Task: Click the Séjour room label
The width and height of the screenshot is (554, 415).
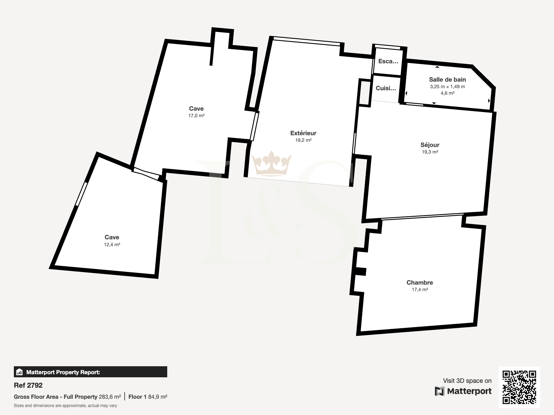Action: tap(430, 145)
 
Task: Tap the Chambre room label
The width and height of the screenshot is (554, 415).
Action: tap(420, 283)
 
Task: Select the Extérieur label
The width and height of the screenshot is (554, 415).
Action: tap(303, 133)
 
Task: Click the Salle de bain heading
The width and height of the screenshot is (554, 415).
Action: tap(447, 80)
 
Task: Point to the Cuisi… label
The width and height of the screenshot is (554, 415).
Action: tap(386, 88)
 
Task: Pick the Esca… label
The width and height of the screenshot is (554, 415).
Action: tap(388, 61)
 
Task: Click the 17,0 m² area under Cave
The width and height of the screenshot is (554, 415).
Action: tap(196, 116)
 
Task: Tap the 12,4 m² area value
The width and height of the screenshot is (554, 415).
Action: tap(112, 245)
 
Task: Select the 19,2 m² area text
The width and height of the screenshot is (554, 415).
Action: tap(303, 140)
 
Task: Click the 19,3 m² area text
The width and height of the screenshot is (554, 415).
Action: tap(430, 152)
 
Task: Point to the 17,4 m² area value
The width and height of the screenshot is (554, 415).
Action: tap(420, 289)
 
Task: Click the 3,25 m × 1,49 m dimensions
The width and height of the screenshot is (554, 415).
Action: tap(447, 86)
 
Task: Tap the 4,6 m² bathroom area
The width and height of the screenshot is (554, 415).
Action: tap(447, 93)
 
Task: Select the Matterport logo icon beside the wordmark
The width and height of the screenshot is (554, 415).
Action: tap(439, 391)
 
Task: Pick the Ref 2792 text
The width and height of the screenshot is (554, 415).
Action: tap(28, 385)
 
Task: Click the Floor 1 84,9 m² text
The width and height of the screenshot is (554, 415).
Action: tap(148, 397)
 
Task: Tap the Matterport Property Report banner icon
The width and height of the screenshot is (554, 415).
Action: tap(19, 372)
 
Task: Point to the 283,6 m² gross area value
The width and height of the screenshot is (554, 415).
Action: tap(110, 397)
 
